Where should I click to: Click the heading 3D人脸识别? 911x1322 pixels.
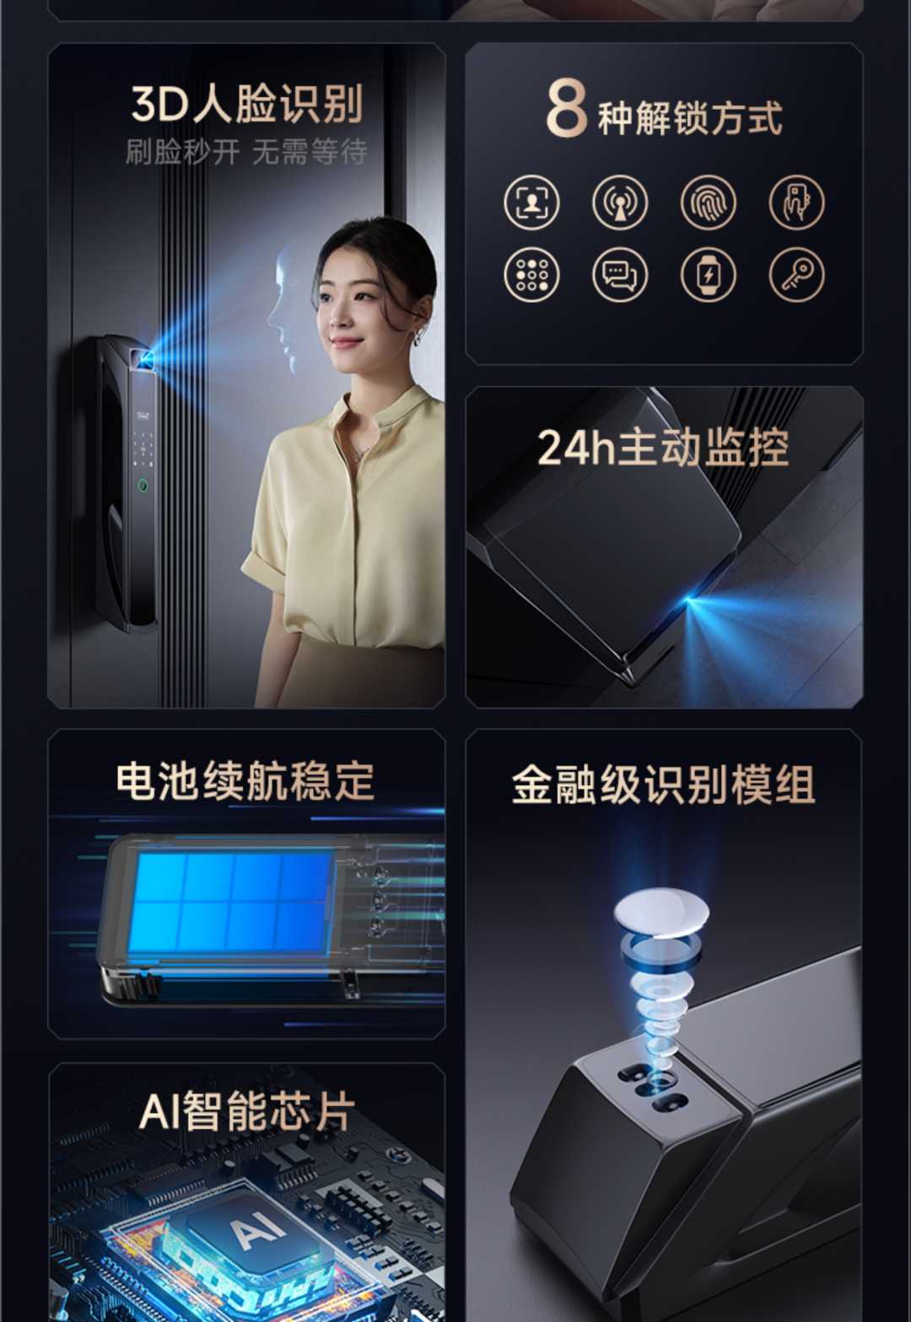(246, 105)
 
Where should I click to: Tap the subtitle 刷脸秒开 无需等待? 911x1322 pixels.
(246, 153)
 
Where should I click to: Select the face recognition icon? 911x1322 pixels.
(531, 202)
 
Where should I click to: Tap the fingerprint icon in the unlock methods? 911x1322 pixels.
(708, 202)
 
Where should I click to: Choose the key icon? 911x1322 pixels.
(796, 275)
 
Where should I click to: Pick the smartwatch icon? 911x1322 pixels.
(708, 275)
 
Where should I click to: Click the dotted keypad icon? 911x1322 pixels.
(531, 275)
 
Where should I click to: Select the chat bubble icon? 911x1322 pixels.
(619, 275)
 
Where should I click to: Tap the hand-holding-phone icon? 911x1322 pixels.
(796, 202)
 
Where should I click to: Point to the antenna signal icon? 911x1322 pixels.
(619, 202)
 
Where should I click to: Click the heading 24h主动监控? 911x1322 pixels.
(663, 448)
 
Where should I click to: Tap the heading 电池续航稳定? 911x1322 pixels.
(245, 782)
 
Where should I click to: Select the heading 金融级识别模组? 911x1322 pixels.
(663, 786)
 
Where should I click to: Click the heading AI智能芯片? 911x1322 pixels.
(246, 1111)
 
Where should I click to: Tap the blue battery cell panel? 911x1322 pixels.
(229, 902)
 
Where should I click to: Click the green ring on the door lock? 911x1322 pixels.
(143, 486)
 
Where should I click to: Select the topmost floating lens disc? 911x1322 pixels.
(660, 911)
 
